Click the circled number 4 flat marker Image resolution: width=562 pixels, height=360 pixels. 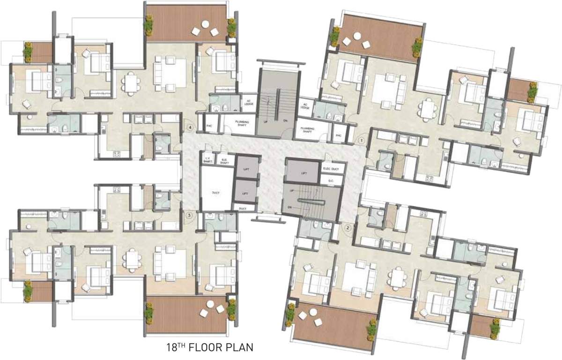[x=190, y=127]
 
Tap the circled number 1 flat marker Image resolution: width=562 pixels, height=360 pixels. [x=361, y=140]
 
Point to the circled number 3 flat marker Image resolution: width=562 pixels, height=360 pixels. [x=189, y=215]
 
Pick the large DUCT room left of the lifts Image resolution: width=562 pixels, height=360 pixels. [x=215, y=193]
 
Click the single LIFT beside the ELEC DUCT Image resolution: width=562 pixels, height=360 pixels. [x=302, y=173]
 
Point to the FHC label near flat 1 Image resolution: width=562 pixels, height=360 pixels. [x=338, y=135]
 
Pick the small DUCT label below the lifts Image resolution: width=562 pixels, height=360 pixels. [x=243, y=208]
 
